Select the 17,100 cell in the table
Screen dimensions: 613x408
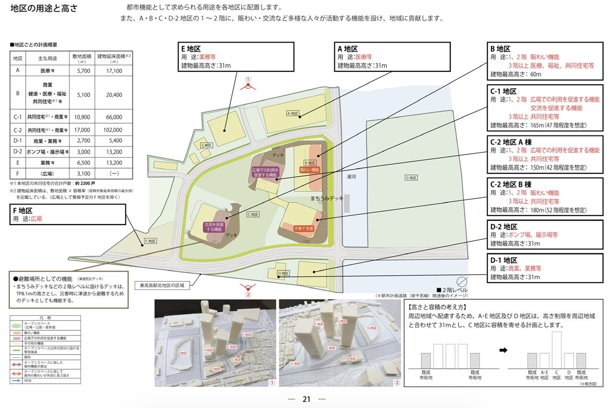(x=114, y=71)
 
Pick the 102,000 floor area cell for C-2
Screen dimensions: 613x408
(x=114, y=130)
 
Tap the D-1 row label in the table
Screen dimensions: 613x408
(x=18, y=141)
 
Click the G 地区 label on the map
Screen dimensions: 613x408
(x=410, y=178)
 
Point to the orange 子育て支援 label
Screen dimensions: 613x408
(x=304, y=229)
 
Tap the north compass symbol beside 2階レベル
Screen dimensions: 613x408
(x=462, y=282)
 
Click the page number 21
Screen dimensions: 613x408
(x=306, y=399)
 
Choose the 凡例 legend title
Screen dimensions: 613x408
(x=45, y=318)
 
